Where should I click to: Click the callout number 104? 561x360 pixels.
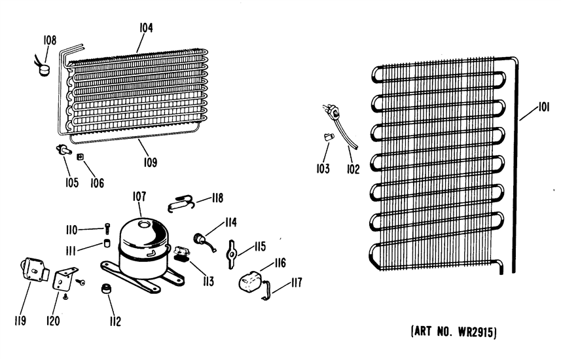[146, 28]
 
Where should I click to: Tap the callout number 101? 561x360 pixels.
[543, 107]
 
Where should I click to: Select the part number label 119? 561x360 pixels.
[20, 320]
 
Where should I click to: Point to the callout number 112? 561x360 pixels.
[115, 321]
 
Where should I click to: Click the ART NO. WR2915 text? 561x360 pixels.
[454, 332]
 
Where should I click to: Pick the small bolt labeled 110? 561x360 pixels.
[108, 228]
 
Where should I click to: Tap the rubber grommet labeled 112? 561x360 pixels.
[106, 289]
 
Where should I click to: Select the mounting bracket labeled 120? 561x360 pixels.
[64, 278]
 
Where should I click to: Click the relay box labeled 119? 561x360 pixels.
[33, 270]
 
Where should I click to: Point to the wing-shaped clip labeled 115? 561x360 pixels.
[232, 254]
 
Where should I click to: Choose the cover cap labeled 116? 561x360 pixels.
[249, 281]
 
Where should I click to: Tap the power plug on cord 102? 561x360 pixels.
[334, 113]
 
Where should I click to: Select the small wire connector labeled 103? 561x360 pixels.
[329, 137]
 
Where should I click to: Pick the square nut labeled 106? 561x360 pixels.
[81, 156]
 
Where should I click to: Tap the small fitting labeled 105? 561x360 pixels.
[63, 151]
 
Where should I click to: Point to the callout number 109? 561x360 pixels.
[151, 162]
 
